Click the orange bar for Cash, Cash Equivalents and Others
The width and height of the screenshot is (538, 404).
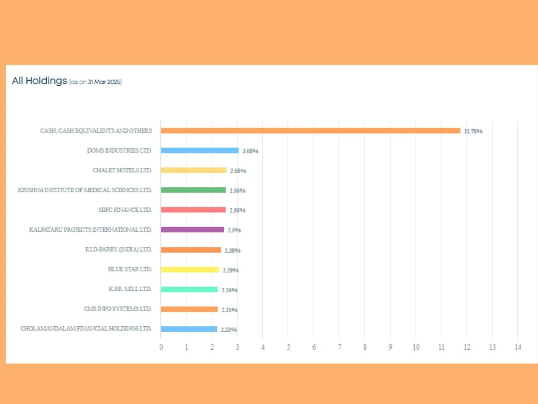pos(310,131)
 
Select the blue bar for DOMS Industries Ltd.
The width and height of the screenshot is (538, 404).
pos(200,150)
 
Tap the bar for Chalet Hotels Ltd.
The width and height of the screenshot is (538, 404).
pos(194,170)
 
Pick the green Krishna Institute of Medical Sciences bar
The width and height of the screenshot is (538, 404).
pos(193,190)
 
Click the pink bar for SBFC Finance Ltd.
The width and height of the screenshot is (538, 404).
pos(193,210)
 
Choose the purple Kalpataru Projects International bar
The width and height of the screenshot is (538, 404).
pos(192,229)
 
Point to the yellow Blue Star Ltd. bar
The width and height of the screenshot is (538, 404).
pos(190,269)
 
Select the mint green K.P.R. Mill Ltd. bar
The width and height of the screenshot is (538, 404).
pos(189,290)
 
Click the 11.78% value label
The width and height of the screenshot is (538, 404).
pos(473,132)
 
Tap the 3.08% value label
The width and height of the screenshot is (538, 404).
pos(250,151)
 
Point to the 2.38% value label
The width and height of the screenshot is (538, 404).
pos(232,250)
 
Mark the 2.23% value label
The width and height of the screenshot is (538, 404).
pos(229,329)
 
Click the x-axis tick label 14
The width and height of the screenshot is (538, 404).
pos(518,347)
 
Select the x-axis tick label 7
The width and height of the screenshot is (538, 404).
pos(339,347)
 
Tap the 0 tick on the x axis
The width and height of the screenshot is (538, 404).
pos(161,347)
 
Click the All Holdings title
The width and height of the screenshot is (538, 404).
pos(39,81)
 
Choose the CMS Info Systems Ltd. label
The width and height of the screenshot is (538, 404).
pos(118,309)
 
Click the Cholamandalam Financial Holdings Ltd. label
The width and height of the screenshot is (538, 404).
pos(86,329)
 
